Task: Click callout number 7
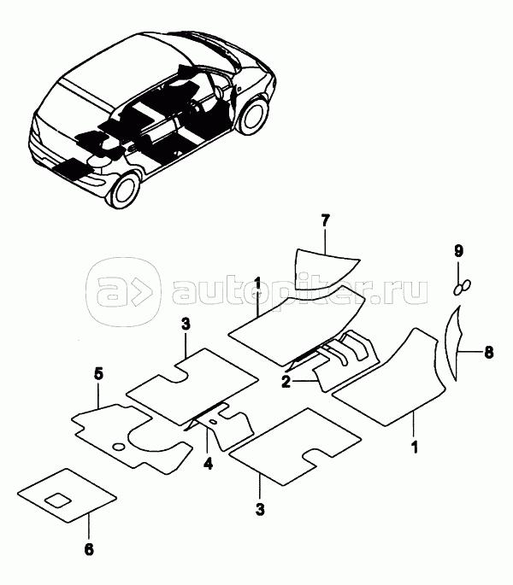click(x=326, y=221)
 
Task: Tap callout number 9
click(x=458, y=251)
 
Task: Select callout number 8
click(x=488, y=352)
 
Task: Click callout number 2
click(x=286, y=382)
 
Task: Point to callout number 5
click(x=97, y=374)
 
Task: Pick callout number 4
click(x=208, y=464)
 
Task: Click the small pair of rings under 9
click(x=463, y=287)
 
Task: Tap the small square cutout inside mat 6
click(x=58, y=500)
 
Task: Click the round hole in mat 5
click(x=119, y=446)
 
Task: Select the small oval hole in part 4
click(x=213, y=422)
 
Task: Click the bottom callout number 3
click(x=260, y=508)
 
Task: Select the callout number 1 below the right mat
click(x=414, y=447)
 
